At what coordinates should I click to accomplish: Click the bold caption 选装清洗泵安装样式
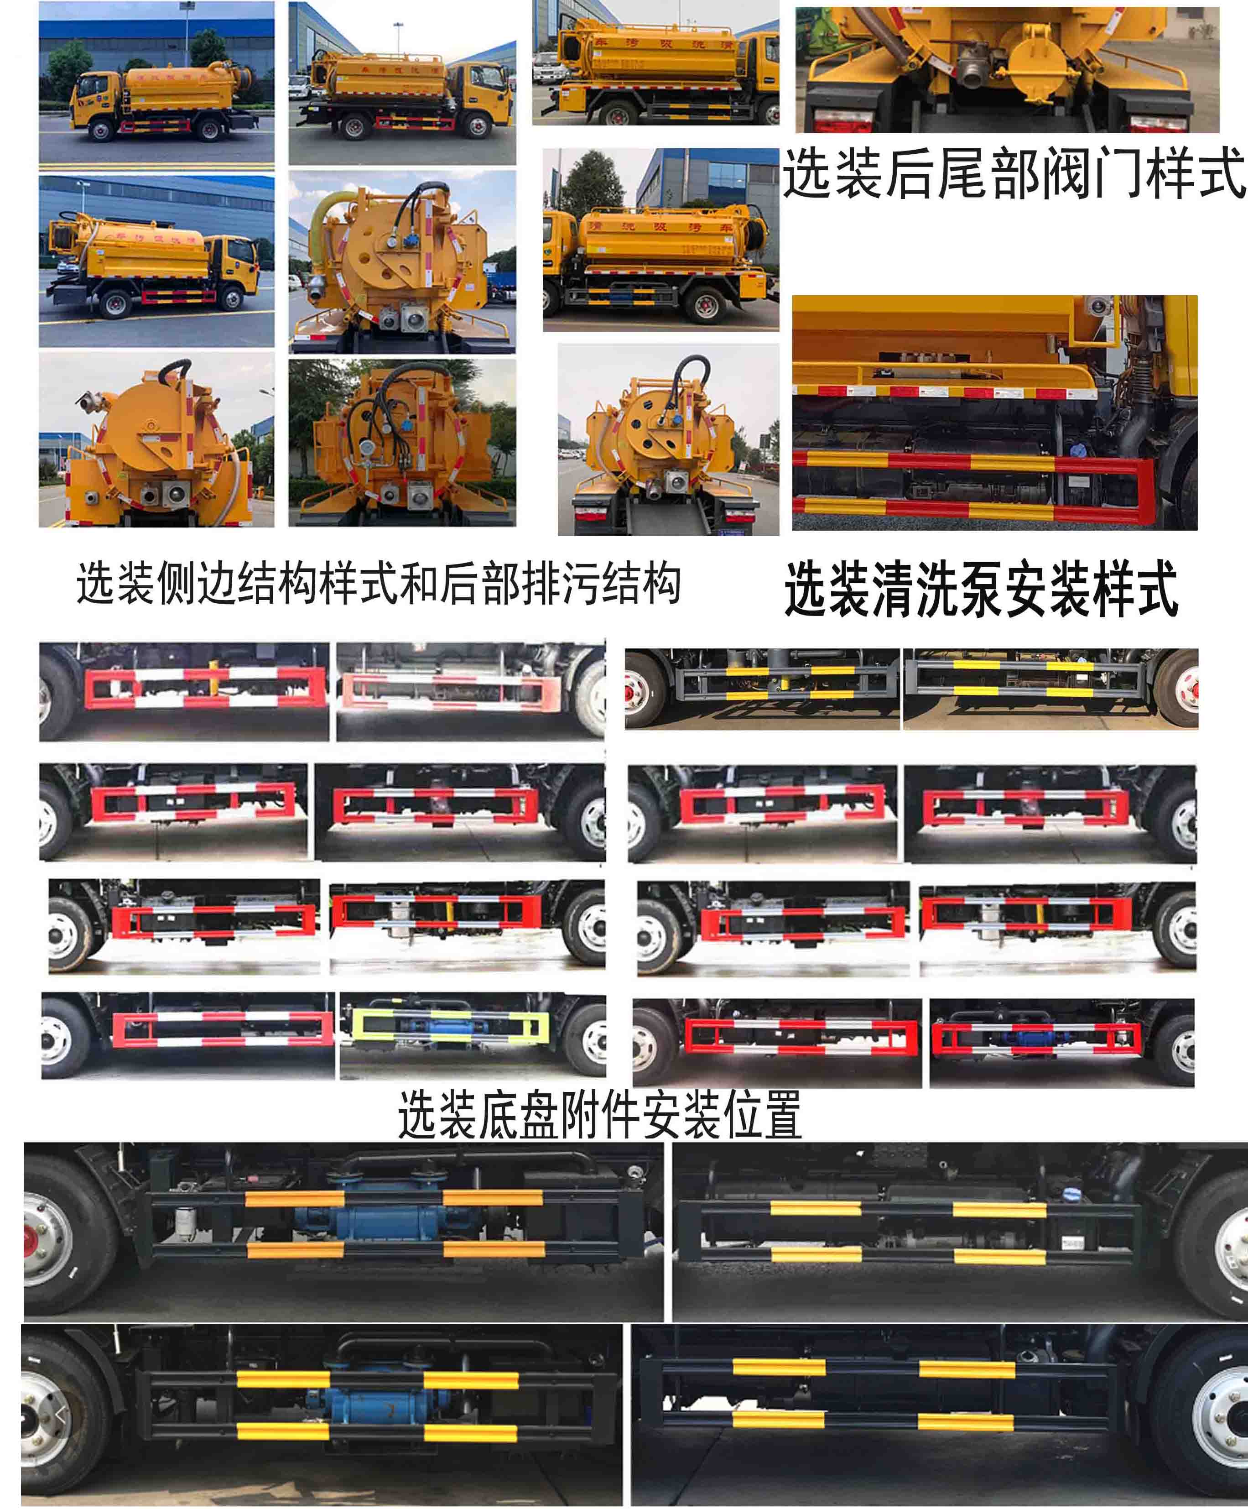pyautogui.click(x=981, y=589)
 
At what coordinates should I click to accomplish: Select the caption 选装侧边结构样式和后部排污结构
pyautogui.click(x=379, y=583)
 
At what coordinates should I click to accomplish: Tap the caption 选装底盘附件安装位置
pyautogui.click(x=599, y=1114)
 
